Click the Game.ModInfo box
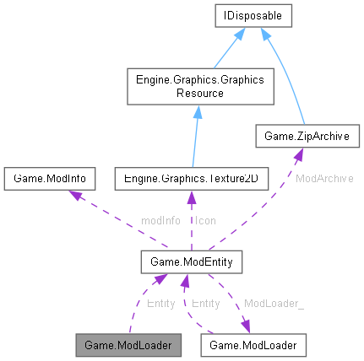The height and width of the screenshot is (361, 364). (x=50, y=179)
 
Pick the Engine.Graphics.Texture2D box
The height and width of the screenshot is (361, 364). (x=191, y=179)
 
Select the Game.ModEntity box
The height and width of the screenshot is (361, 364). (x=192, y=263)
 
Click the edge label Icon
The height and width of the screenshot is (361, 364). (x=205, y=220)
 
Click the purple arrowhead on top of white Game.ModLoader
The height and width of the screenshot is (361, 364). (x=245, y=327)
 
